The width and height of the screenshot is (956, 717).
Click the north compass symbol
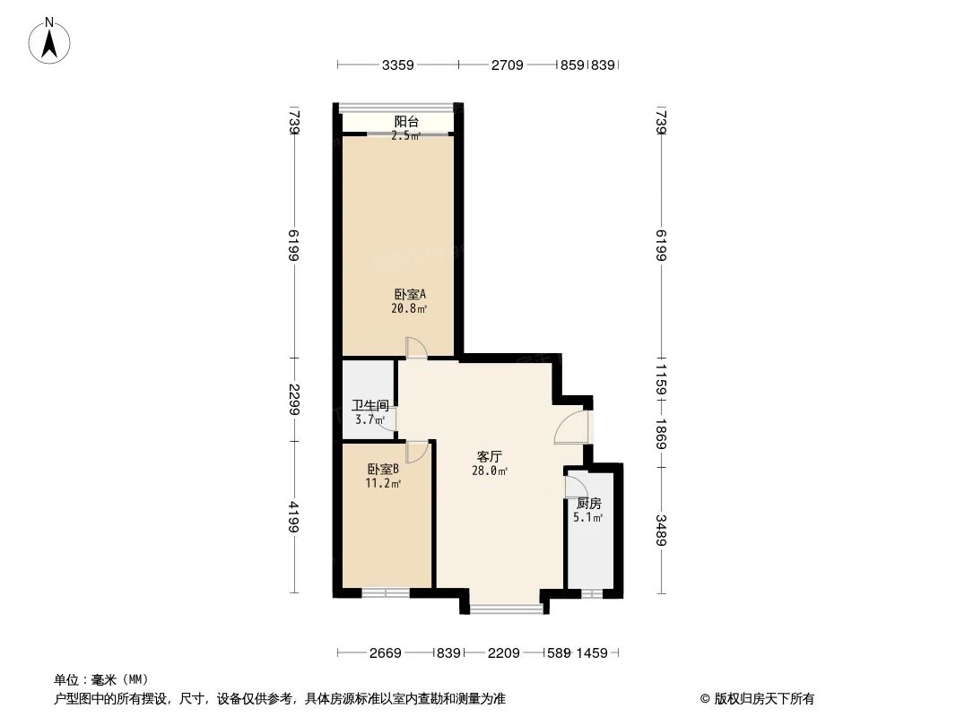[50, 40]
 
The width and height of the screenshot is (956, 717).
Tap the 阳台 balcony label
[406, 122]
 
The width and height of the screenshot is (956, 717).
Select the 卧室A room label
[409, 294]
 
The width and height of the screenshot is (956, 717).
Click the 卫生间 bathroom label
[369, 405]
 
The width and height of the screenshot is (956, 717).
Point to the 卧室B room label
[383, 469]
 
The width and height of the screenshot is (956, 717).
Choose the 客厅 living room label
[490, 456]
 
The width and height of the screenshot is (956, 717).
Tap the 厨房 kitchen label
[588, 503]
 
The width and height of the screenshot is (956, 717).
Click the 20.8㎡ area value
[408, 309]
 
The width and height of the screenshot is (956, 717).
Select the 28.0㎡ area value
[490, 471]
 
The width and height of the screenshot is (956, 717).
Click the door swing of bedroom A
[416, 348]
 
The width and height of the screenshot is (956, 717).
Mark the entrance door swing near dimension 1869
[570, 428]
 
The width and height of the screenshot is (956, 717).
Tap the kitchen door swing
[575, 487]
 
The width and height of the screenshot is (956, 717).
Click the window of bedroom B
[386, 592]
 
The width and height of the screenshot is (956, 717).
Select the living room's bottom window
[507, 609]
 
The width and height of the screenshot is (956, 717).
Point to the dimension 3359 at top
[397, 65]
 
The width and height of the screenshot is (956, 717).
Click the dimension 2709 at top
[507, 65]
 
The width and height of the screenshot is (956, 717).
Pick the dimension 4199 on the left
[294, 517]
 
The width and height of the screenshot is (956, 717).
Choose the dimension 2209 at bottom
[504, 653]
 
